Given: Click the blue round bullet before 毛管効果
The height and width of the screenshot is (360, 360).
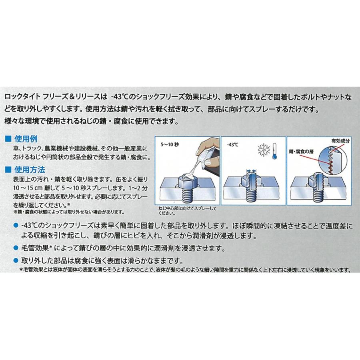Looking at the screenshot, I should [15, 248].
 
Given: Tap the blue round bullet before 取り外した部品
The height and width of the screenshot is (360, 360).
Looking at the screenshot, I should [15, 260].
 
